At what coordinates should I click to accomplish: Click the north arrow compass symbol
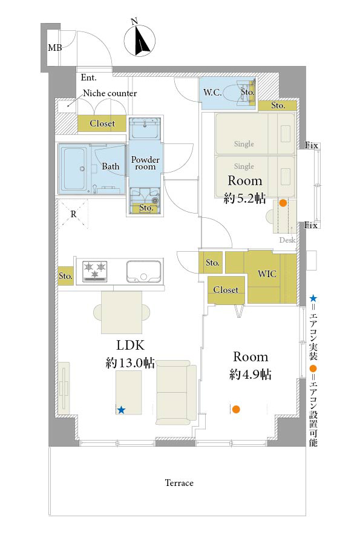(139, 39)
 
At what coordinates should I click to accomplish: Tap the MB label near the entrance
(54, 48)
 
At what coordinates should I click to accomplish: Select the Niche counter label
(110, 93)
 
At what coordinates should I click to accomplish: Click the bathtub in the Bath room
(74, 168)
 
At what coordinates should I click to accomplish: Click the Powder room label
(145, 163)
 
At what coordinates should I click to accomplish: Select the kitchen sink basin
(144, 271)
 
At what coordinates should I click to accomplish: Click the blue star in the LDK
(121, 410)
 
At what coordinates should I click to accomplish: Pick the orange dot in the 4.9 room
(236, 409)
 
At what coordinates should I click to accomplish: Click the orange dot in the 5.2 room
(283, 203)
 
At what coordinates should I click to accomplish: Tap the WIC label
(267, 274)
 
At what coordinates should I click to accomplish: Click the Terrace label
(179, 483)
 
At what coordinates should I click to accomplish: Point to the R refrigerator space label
(73, 214)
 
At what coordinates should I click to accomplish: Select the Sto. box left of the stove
(65, 276)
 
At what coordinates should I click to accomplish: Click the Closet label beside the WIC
(226, 290)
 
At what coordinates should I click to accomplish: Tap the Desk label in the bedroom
(287, 240)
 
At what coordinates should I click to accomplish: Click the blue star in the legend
(313, 298)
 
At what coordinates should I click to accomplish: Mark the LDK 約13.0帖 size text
(130, 362)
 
